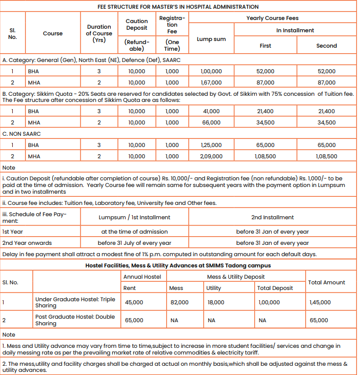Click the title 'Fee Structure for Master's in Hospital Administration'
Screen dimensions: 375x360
[x=178, y=7]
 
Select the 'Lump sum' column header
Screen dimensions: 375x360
[x=211, y=39]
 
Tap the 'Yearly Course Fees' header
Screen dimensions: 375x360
[x=272, y=18]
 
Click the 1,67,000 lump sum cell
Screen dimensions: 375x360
[x=211, y=82]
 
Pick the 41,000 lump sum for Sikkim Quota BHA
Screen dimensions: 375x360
[x=211, y=111]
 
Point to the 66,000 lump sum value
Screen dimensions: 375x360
[x=211, y=122]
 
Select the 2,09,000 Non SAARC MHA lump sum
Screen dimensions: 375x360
[x=211, y=156]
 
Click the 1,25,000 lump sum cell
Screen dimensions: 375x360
[x=211, y=145]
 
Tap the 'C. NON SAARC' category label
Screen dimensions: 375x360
[x=22, y=134]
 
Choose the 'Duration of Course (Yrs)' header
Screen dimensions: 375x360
[x=99, y=33]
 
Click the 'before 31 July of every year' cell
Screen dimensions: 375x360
[x=134, y=243]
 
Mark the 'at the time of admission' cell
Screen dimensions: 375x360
[x=134, y=232]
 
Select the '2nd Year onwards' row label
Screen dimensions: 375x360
[x=27, y=243]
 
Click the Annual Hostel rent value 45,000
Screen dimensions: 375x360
[x=134, y=302]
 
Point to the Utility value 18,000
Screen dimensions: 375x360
[x=215, y=302]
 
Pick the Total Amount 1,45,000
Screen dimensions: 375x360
[x=321, y=302]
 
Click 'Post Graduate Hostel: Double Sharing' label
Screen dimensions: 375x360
[x=75, y=320]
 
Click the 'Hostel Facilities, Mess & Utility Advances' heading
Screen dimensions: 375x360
[x=178, y=265]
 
